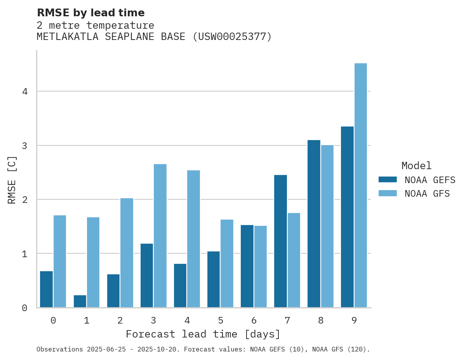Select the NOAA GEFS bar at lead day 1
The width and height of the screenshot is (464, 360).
coord(80,301)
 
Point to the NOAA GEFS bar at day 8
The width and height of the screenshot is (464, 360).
coord(314,224)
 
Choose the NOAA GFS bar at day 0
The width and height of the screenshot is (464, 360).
coord(60,261)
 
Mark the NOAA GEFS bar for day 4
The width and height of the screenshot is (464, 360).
coord(180,286)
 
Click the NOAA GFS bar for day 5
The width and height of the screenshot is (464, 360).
coord(227,263)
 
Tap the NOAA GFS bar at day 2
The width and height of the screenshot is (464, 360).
coord(127,253)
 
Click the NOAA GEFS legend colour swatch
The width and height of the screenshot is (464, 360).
coord(388,180)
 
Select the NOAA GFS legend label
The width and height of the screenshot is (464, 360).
coord(427,194)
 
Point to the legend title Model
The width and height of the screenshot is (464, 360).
coord(416,166)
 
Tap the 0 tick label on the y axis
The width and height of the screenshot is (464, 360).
coord(24,308)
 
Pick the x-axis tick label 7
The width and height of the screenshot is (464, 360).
coord(287,320)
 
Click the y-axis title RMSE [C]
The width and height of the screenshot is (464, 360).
coord(12,180)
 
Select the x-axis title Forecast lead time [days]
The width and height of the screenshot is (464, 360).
coord(203,334)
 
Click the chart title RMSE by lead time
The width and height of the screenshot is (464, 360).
coord(90,13)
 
